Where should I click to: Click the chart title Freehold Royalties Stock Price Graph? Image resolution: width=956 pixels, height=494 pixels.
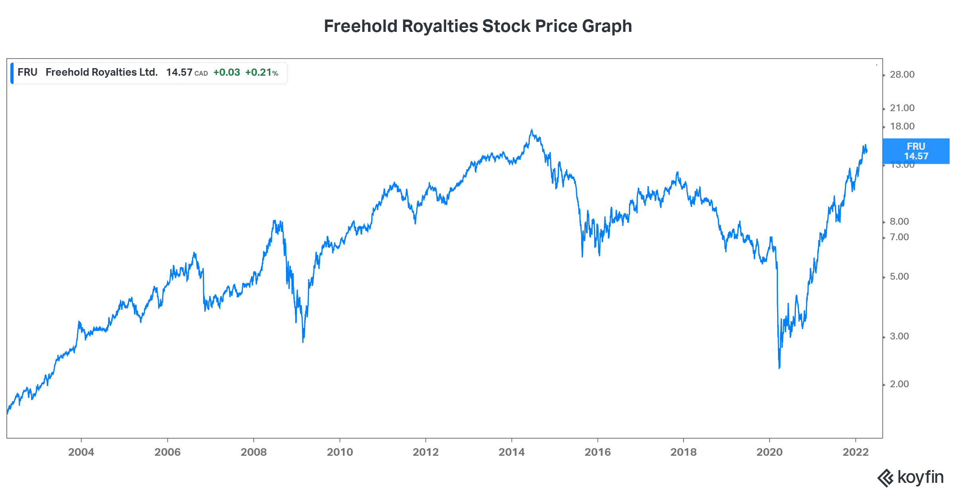[x=478, y=26]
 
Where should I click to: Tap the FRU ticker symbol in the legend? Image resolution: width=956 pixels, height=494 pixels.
[x=27, y=72]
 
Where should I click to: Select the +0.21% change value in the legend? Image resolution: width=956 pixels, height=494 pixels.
[x=261, y=72]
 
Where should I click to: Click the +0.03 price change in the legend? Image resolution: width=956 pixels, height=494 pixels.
[x=227, y=72]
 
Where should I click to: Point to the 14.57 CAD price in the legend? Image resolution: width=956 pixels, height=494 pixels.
[x=186, y=72]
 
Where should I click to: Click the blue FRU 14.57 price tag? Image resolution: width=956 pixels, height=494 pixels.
[x=916, y=151]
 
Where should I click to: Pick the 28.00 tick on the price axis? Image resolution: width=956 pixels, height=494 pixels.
[x=902, y=74]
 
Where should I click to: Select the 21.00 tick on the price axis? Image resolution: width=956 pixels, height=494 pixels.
[x=902, y=108]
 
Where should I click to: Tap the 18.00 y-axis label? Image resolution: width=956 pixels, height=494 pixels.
[x=902, y=126]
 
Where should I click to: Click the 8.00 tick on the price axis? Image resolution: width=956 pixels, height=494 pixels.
[x=899, y=222]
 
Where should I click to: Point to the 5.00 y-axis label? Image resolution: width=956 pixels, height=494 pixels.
[x=899, y=276]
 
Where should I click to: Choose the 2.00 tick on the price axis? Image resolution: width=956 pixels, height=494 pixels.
[x=899, y=384]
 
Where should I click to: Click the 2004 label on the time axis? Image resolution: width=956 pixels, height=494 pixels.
[x=81, y=452]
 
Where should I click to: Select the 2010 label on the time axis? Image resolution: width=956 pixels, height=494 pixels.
[x=340, y=452]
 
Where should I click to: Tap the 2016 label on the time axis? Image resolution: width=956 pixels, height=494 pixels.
[x=597, y=452]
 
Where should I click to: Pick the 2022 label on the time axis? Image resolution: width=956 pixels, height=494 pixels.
[x=856, y=452]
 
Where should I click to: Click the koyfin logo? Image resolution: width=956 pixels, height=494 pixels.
[x=911, y=477]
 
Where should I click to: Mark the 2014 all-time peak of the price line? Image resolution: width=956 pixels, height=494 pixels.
[x=531, y=129]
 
